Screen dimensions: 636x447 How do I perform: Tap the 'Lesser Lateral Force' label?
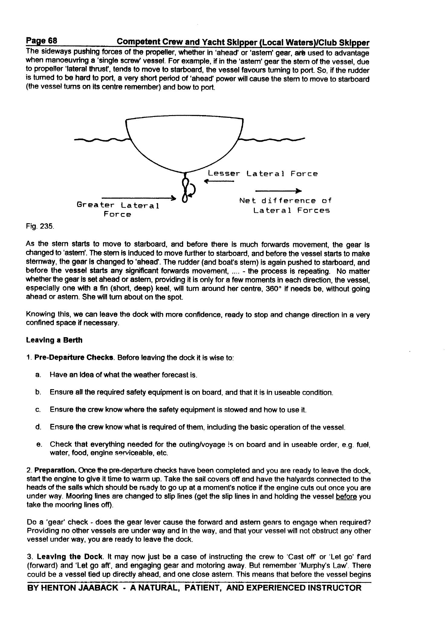point(262,174)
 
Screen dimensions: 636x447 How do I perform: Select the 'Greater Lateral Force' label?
point(118,210)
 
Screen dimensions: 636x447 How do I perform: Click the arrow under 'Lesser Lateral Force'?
point(219,181)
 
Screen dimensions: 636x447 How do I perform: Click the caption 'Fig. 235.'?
point(40,226)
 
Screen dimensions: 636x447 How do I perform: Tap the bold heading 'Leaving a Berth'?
point(54,340)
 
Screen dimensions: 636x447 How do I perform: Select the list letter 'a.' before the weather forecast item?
point(38,375)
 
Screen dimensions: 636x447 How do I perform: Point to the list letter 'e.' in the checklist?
point(38,444)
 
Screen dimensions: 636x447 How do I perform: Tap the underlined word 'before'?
point(346,496)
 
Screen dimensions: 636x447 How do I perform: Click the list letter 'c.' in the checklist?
point(38,410)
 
